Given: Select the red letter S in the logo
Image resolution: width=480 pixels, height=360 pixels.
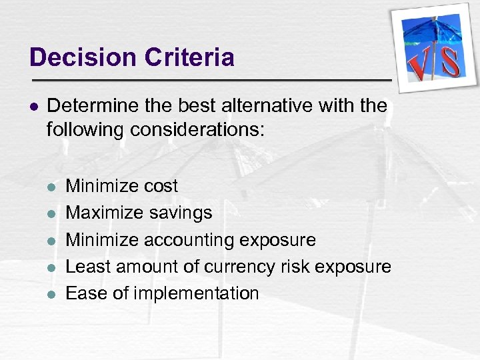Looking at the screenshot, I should [x=450, y=61].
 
